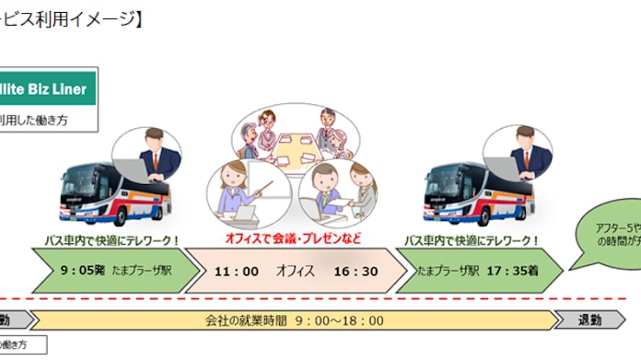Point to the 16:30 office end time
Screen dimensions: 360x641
(355, 272)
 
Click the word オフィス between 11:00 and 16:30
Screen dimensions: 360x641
(296, 272)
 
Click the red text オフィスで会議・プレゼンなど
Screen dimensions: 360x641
(292, 238)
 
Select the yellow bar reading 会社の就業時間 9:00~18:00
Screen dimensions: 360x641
(295, 320)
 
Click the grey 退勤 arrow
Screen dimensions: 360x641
(589, 320)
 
